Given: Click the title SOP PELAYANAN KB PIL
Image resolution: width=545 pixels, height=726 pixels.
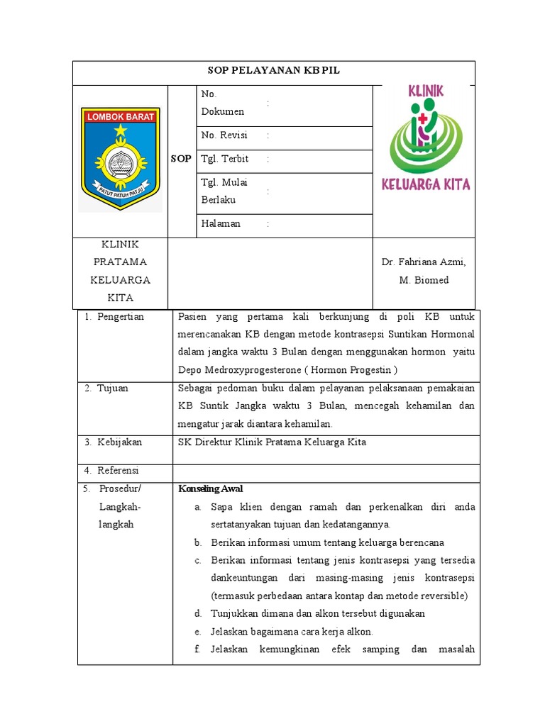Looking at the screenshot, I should point(273,70).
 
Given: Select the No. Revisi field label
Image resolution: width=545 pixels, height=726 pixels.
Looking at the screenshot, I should point(224,135).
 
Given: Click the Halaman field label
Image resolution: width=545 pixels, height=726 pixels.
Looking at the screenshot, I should point(221,223).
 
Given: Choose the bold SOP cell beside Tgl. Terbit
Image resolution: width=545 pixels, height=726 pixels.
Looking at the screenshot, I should point(181,159).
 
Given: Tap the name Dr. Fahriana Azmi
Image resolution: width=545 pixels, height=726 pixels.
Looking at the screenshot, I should point(424,262).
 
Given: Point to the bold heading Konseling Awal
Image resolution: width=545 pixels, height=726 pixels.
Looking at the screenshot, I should point(211,489).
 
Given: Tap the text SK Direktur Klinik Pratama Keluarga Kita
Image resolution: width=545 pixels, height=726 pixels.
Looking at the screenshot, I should point(272,442).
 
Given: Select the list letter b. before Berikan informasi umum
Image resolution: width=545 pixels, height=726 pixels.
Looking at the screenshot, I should point(198,542).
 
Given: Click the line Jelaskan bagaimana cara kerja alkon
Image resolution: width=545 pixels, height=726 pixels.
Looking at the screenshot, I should point(292,631).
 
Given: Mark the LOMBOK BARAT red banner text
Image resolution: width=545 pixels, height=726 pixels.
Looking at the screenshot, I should point(120,117).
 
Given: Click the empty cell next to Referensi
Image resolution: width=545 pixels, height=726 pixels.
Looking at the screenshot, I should point(326,470).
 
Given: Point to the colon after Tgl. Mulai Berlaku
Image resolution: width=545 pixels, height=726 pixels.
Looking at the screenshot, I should point(268,191).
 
